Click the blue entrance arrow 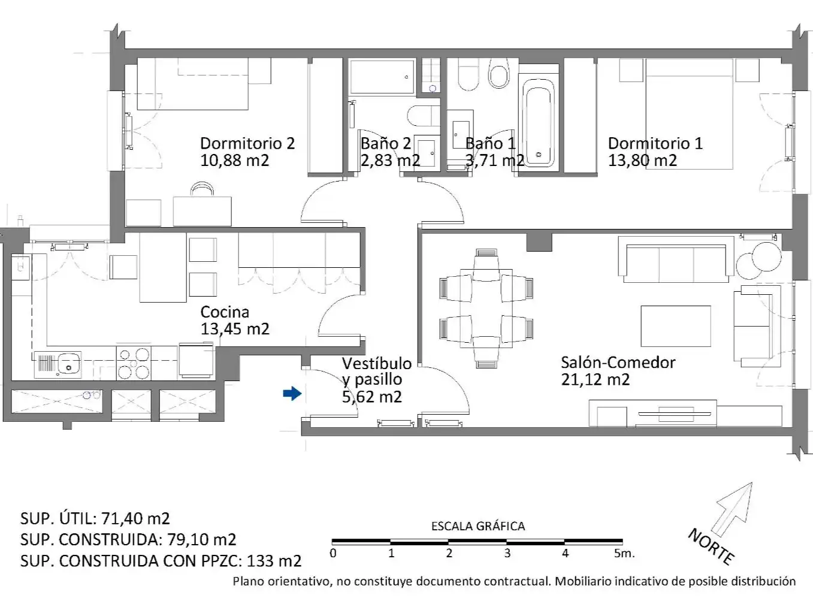[x=292, y=393]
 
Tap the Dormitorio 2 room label [x=247, y=143]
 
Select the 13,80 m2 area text [x=642, y=161]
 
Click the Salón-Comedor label [x=618, y=362]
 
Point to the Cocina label [x=225, y=312]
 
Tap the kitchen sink [x=58, y=364]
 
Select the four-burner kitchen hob [x=134, y=363]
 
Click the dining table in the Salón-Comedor [x=486, y=309]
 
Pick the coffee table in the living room [x=676, y=326]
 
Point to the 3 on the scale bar [x=507, y=553]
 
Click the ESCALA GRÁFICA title [x=478, y=526]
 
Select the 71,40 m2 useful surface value [x=135, y=518]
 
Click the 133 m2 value [x=274, y=561]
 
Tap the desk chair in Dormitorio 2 [x=202, y=189]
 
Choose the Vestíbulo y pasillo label [x=377, y=380]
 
